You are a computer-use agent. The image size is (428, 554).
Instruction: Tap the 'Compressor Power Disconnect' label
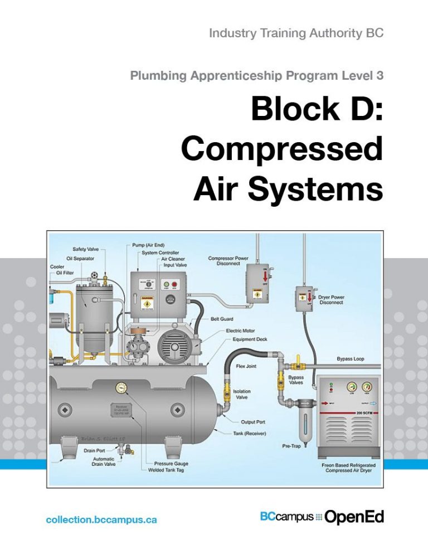(228, 261)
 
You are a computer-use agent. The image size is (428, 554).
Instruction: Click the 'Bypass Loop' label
(351, 359)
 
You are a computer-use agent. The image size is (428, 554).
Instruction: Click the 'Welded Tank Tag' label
(168, 470)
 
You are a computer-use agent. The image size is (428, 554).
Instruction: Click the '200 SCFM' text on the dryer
(366, 413)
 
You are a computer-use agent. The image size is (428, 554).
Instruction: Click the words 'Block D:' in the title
(316, 109)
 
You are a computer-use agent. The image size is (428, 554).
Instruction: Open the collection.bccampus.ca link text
(101, 519)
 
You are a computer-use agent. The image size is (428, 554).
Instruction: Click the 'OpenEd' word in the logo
(354, 517)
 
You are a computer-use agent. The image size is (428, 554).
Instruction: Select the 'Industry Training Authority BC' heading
(295, 33)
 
